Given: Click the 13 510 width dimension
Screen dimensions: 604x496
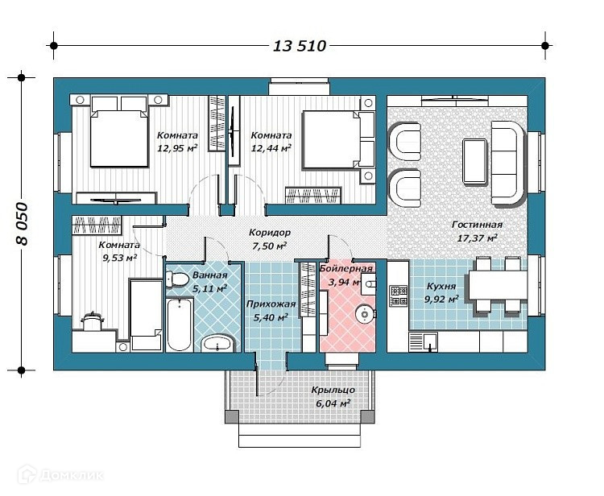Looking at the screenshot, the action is [x=300, y=46].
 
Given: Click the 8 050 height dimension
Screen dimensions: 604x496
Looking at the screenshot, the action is [x=22, y=224].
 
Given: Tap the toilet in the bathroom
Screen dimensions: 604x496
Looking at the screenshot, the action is [x=176, y=279].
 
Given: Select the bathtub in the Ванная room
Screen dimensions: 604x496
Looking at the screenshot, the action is [x=180, y=324].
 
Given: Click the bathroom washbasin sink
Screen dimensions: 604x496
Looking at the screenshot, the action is [x=217, y=343].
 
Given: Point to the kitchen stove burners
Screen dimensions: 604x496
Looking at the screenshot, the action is [x=399, y=296].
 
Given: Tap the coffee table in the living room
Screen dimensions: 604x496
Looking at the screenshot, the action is [x=474, y=161].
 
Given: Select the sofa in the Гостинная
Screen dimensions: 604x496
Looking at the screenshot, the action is [x=507, y=163].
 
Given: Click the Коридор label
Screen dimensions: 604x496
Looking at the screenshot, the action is [x=270, y=233].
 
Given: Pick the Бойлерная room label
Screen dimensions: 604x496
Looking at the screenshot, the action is [x=346, y=268].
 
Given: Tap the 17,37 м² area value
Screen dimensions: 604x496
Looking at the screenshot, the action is [x=477, y=238].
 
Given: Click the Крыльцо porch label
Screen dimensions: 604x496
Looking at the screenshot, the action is [x=333, y=390].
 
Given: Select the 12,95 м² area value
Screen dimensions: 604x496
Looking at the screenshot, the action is [x=177, y=148].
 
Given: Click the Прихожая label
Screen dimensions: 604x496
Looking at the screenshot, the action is [x=271, y=304].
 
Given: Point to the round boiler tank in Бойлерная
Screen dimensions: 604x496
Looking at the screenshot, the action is [x=364, y=314].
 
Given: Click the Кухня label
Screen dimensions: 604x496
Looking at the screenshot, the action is [x=441, y=286].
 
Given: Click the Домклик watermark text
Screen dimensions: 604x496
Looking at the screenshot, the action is [x=71, y=475].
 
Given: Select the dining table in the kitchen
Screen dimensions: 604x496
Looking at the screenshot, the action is [x=498, y=285].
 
